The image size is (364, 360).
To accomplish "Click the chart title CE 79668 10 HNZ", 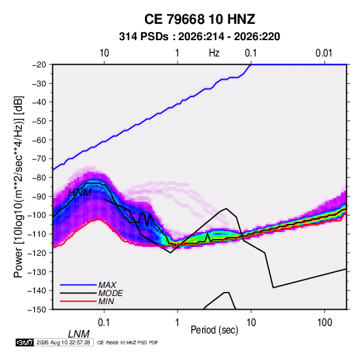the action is [x=199, y=19].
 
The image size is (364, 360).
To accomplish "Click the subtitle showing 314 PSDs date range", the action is [x=199, y=37].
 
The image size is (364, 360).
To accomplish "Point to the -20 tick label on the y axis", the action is [x=39, y=65].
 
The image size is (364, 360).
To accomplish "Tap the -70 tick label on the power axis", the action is [x=39, y=159].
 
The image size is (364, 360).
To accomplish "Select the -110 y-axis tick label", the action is [x=37, y=234].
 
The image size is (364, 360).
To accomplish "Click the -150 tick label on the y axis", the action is [x=37, y=310].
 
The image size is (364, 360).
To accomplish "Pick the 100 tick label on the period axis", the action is [x=325, y=322].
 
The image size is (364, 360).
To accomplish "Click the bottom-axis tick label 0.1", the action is [x=104, y=322].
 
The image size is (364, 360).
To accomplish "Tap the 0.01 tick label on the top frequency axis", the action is [x=324, y=53].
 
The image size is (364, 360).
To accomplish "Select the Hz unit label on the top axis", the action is [x=214, y=53].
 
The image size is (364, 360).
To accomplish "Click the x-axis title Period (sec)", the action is [x=214, y=329].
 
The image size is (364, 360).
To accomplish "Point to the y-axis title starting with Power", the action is [x=18, y=186].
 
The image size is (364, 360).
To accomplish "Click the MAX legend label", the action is [x=107, y=284].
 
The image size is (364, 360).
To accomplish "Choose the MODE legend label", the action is [x=110, y=293].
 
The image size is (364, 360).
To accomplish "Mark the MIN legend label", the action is [x=106, y=301].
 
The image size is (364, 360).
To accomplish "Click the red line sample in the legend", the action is [x=78, y=301].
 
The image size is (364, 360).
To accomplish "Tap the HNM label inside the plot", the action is [x=80, y=193].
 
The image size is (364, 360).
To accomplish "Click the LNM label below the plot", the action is [x=79, y=334].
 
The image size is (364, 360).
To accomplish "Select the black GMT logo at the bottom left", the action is [x=24, y=342].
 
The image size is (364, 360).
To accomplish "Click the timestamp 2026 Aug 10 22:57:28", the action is [x=63, y=342].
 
